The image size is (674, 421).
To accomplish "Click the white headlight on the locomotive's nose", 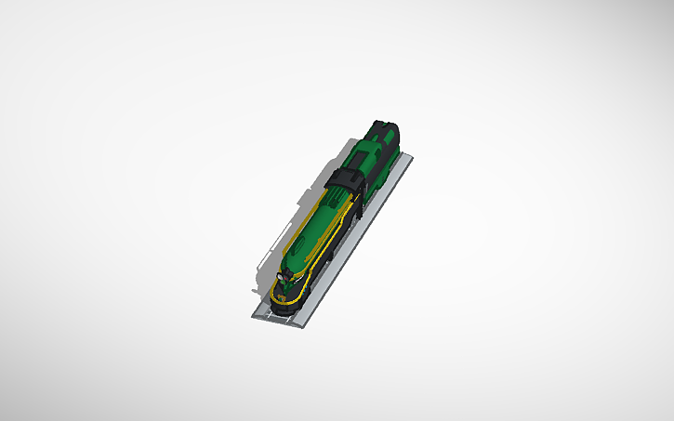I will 281,276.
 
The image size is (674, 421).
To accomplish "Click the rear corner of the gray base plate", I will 410,157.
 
